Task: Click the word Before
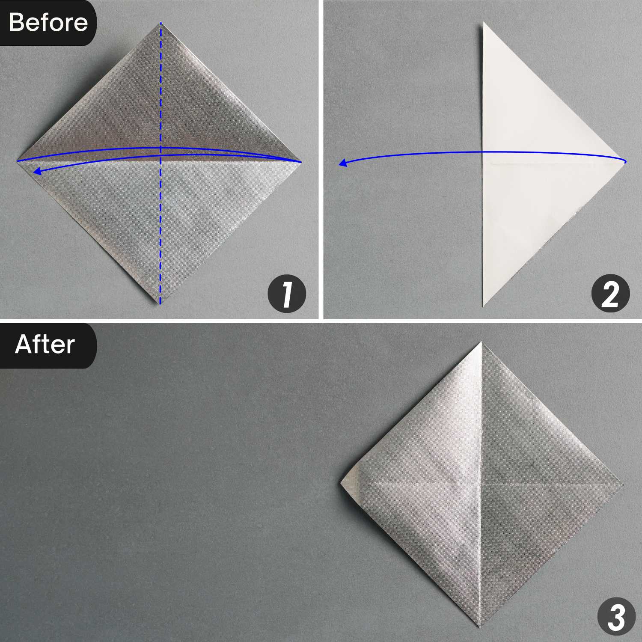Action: point(48,22)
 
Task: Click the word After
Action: point(45,345)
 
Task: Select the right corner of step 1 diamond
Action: point(301,162)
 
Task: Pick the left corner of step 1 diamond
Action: point(18,161)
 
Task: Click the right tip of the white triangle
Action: point(625,162)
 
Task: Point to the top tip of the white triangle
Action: point(484,23)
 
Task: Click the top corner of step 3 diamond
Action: point(482,342)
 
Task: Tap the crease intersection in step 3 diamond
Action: point(481,484)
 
